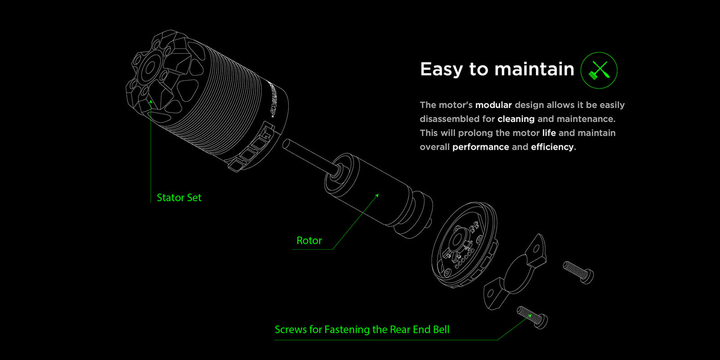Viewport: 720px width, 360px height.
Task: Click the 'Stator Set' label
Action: pos(179,198)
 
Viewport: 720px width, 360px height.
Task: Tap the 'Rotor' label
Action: pos(309,241)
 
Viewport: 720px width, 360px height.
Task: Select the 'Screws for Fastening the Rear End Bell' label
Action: pos(362,329)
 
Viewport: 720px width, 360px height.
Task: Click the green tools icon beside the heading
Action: pos(599,70)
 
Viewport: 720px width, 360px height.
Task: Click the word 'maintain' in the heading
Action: pos(534,70)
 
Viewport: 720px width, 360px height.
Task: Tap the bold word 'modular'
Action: pos(493,105)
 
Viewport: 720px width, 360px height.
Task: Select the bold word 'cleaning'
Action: pos(516,119)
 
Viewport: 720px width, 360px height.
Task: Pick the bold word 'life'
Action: pos(549,133)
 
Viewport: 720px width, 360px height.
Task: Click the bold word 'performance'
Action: pos(480,147)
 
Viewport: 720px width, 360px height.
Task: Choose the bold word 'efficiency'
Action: pos(552,147)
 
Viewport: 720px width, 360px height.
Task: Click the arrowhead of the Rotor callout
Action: pos(378,195)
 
